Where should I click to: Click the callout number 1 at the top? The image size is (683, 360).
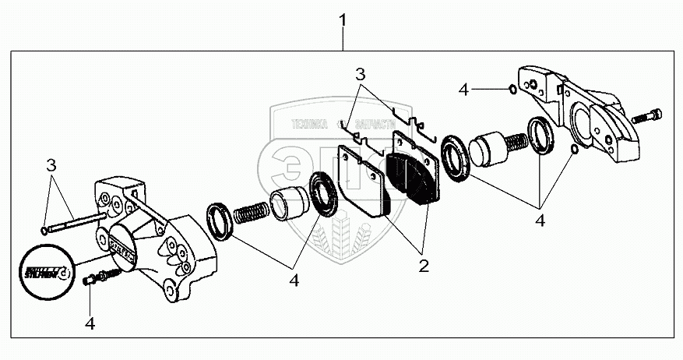[x=342, y=21]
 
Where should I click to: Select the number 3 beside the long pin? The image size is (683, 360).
[x=51, y=165]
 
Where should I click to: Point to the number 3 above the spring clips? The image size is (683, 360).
[x=360, y=76]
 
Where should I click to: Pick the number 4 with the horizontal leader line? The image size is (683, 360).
[x=464, y=90]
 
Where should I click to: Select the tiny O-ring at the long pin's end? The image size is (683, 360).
[x=43, y=230]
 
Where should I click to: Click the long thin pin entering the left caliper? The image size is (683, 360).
[x=74, y=223]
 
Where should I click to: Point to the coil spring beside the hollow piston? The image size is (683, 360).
[x=250, y=211]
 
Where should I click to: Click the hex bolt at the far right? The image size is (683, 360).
[x=646, y=118]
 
